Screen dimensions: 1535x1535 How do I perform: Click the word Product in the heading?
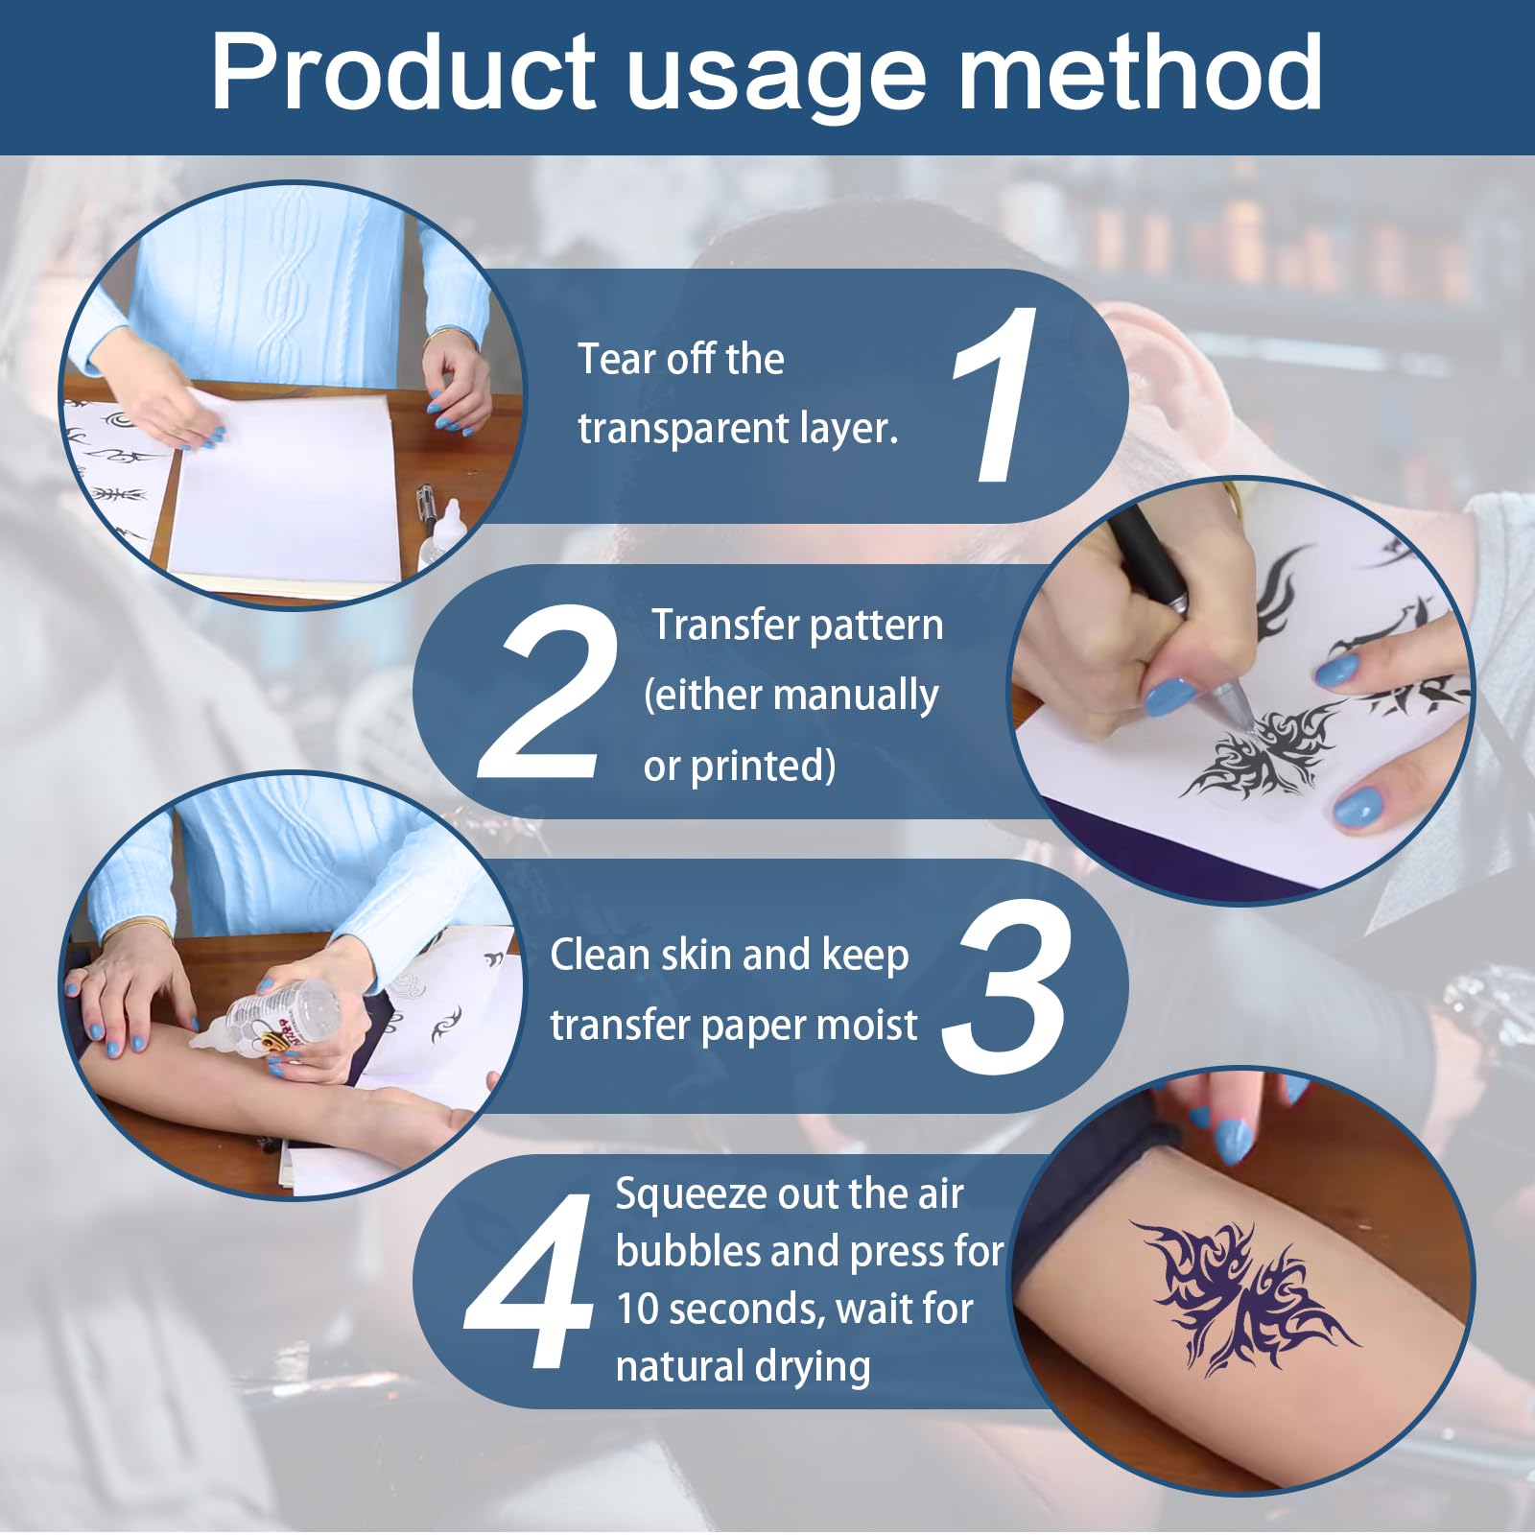click(x=404, y=73)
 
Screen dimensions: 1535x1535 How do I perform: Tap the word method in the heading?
click(x=1141, y=73)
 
